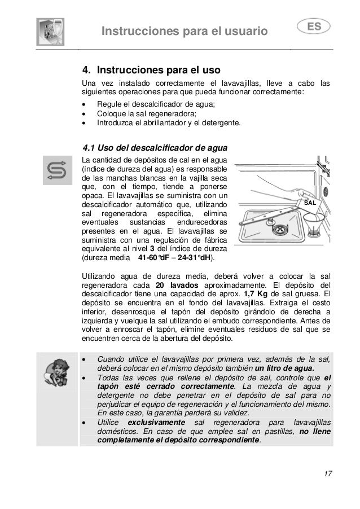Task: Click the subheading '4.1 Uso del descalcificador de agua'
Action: (x=155, y=149)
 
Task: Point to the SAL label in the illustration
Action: (x=309, y=201)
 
